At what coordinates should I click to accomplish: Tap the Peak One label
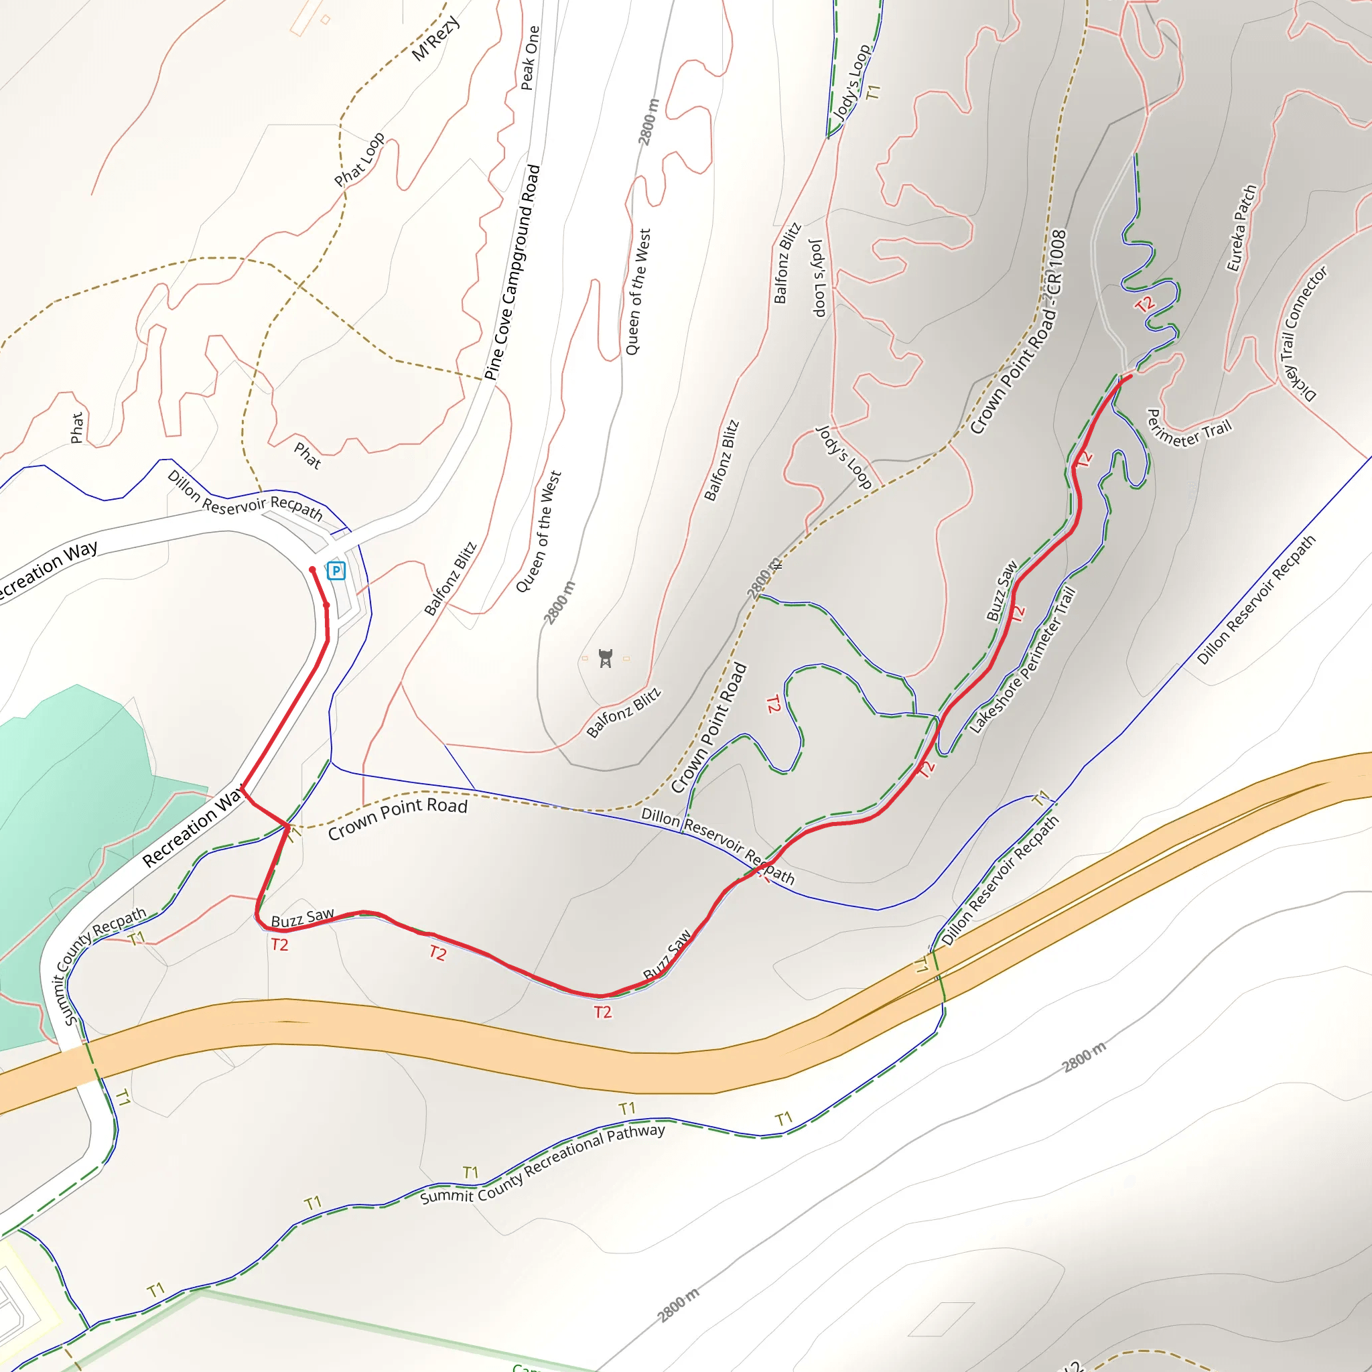[x=530, y=58]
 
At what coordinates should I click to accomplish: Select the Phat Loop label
[x=359, y=159]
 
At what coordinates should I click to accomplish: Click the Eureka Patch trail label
[x=1242, y=228]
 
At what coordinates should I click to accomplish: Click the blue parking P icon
[x=336, y=570]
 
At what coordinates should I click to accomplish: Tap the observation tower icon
[x=605, y=659]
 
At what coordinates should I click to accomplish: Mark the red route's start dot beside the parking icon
[x=312, y=569]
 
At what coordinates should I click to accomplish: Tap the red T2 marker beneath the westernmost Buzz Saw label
[x=280, y=945]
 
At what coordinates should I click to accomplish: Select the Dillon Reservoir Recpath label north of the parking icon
[x=245, y=496]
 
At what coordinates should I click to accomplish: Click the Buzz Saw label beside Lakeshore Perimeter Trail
[x=1002, y=591]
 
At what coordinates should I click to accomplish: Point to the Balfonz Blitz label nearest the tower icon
[x=624, y=712]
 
